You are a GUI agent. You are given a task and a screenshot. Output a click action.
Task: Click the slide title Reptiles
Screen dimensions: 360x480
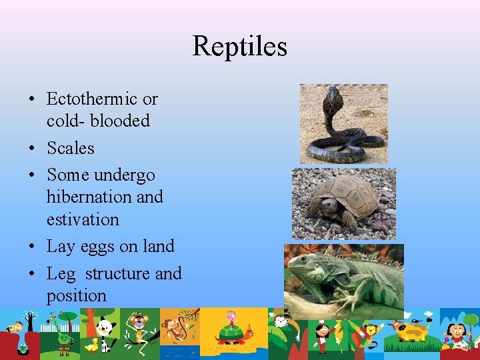(x=239, y=46)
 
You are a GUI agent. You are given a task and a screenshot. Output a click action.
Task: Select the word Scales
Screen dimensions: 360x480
(x=70, y=148)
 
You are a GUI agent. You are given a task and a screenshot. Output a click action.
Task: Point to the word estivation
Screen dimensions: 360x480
(x=83, y=219)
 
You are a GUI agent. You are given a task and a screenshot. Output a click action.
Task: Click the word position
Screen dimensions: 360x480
(x=76, y=295)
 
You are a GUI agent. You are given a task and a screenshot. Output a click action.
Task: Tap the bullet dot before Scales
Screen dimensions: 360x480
(x=32, y=149)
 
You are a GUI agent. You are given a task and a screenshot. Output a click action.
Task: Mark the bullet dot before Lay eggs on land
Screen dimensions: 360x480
(x=32, y=247)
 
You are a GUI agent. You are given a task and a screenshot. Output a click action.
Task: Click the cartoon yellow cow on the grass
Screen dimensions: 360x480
(x=410, y=330)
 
